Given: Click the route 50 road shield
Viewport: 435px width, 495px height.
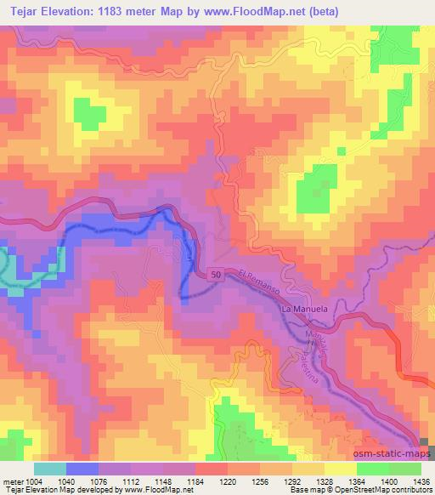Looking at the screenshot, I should tap(215, 274).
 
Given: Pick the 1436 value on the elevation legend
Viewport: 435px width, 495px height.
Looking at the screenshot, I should tap(421, 481).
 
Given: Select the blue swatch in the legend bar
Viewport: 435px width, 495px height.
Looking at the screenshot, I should tap(82, 469).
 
